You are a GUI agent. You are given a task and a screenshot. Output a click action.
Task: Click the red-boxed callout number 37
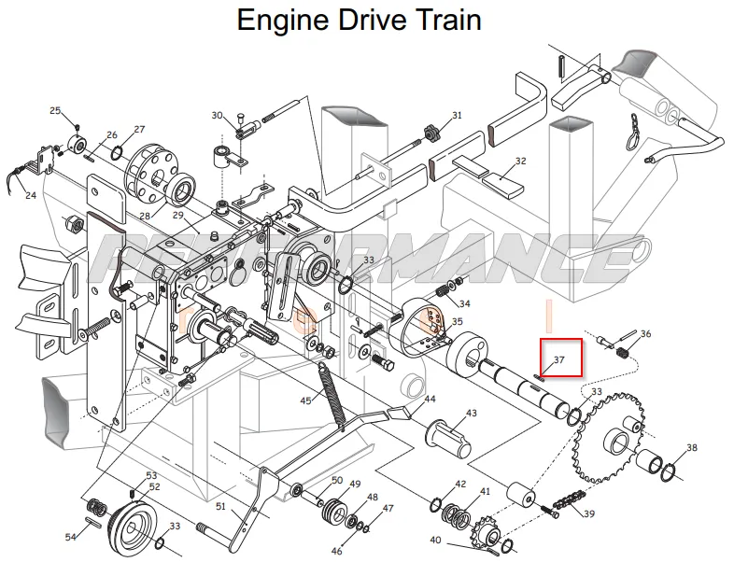click(x=559, y=359)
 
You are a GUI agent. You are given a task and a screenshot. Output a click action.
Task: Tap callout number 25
click(x=55, y=110)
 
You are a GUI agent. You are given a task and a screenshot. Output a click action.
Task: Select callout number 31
click(x=457, y=115)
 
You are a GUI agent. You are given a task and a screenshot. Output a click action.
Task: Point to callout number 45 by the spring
click(x=305, y=401)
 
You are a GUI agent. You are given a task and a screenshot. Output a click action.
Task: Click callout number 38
click(x=691, y=448)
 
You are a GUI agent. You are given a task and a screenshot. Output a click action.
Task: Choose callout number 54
click(x=70, y=537)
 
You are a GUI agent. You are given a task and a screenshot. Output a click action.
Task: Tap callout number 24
click(x=31, y=195)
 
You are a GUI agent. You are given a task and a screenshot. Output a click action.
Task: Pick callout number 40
click(x=435, y=540)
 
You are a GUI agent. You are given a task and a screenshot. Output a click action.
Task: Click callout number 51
click(x=221, y=506)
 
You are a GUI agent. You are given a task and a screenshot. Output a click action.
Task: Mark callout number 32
click(x=520, y=161)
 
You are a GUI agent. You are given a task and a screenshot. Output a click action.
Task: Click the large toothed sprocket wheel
click(x=609, y=438)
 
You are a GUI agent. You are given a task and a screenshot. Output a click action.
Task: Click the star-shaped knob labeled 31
click(x=431, y=133)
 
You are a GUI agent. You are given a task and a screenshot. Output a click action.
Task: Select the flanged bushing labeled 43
click(x=448, y=436)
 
